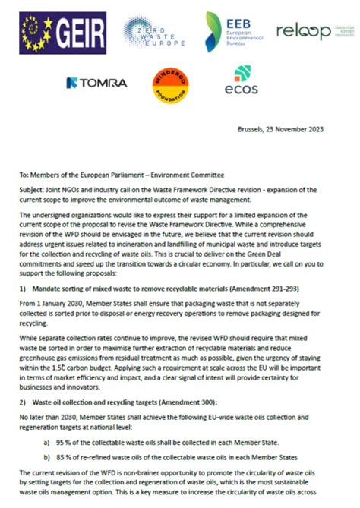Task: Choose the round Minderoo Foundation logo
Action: pos(172,82)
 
